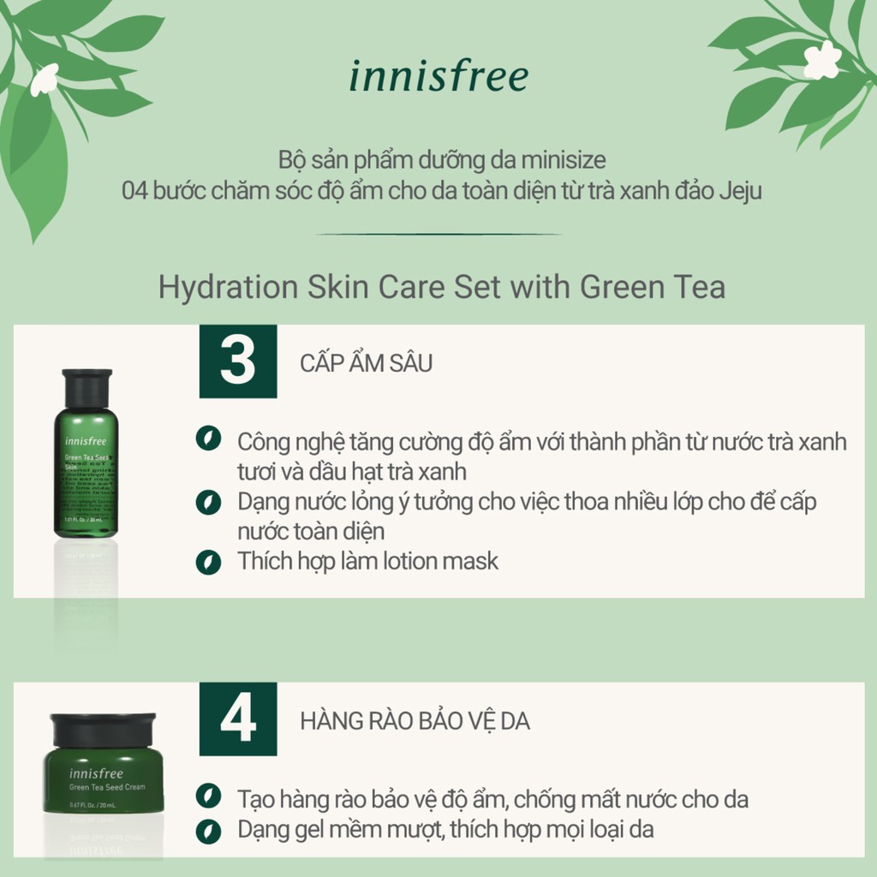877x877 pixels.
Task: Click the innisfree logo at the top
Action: click(x=438, y=75)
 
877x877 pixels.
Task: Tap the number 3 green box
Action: click(x=238, y=361)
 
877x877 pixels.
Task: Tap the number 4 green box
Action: click(x=238, y=719)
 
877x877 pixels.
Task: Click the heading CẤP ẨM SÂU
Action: click(x=367, y=362)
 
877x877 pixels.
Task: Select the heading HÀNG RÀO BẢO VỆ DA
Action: click(x=415, y=721)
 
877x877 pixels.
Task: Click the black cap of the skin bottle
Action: click(x=87, y=388)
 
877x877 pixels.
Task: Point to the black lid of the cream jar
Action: click(x=103, y=730)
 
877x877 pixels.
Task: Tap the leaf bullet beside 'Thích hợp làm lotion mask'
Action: click(x=207, y=562)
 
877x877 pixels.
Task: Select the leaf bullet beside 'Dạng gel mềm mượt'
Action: click(x=207, y=829)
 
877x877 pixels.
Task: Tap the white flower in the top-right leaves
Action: click(x=821, y=60)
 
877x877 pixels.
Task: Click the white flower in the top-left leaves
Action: click(x=44, y=79)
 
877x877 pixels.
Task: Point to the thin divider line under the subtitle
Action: click(x=438, y=234)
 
